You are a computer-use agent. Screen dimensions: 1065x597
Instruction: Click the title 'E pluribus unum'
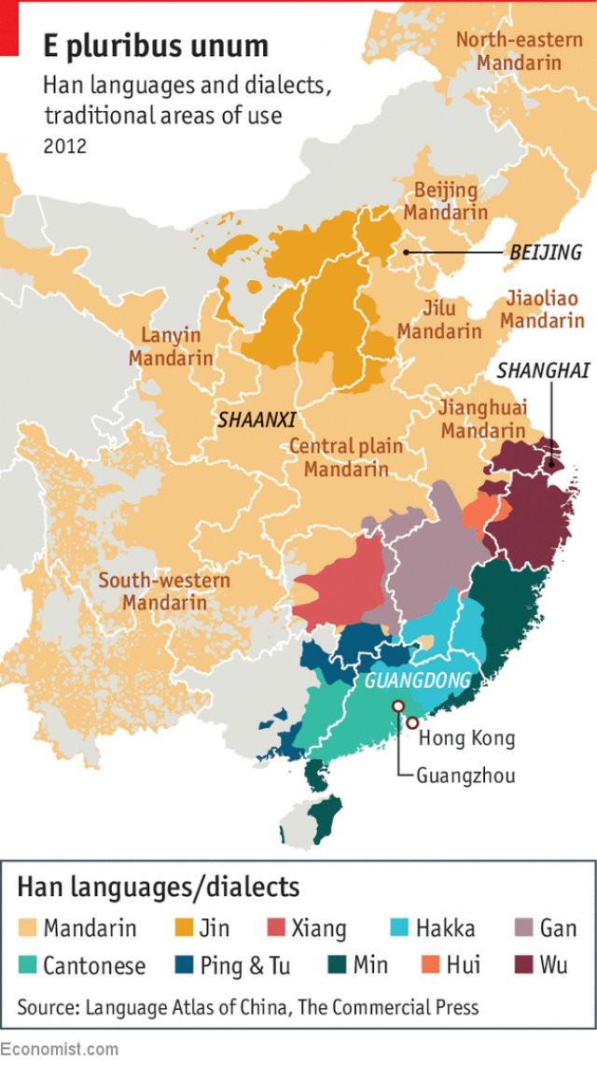[155, 46]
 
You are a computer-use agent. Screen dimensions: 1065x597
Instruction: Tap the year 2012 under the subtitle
[65, 146]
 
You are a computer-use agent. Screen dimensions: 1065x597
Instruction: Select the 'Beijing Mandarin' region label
[446, 202]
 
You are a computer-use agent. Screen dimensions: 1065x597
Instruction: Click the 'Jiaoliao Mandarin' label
[546, 310]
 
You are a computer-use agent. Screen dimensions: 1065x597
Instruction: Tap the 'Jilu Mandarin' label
[439, 320]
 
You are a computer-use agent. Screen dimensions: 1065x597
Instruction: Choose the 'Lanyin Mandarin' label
[172, 347]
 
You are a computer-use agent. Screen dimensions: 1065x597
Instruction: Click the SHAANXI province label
[263, 420]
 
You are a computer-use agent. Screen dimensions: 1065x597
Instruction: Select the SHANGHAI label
[543, 371]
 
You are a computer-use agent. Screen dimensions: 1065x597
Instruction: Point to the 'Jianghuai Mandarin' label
[483, 419]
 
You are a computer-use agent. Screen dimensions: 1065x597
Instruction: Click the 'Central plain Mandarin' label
[346, 457]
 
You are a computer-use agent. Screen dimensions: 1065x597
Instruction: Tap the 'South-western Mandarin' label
[164, 592]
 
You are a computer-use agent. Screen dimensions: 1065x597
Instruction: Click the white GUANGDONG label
[418, 680]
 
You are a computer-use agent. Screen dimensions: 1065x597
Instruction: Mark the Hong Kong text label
[466, 738]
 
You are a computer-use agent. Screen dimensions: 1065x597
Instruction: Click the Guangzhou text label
[465, 775]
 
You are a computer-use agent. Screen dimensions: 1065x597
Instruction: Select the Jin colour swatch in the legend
[185, 928]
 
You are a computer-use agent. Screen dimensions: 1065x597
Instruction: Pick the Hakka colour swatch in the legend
[398, 928]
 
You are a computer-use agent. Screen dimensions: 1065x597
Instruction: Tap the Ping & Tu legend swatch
[185, 964]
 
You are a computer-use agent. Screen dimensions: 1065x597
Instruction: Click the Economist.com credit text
[60, 1049]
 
